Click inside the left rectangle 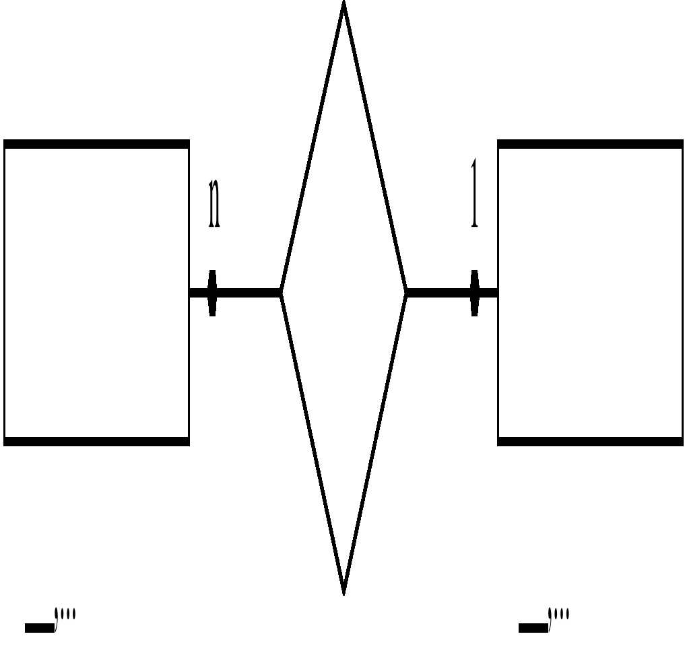coord(96,293)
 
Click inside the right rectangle coord(590,293)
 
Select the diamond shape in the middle coord(343,293)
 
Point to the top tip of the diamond coord(343,5)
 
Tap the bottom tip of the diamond coord(343,591)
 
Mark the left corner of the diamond coord(282,293)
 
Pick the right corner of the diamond coord(405,293)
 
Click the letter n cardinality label coord(214,203)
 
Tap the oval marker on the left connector coord(213,293)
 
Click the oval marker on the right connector coord(475,293)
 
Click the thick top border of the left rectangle coord(96,144)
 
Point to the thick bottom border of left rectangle coord(96,442)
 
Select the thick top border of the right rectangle coord(590,144)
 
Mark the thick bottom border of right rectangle coord(590,442)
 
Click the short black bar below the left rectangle coord(39,628)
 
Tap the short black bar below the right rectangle coord(533,628)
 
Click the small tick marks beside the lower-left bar coord(66,616)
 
